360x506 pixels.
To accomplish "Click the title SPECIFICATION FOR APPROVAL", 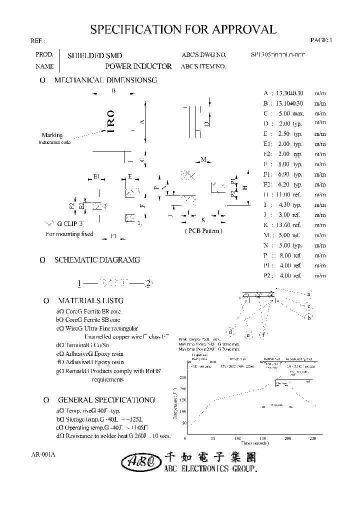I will coord(183,29).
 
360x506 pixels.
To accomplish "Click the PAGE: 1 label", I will coord(320,40).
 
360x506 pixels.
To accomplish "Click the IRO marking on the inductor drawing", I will coord(111,121).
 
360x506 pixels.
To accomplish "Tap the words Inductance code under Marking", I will coord(54,143).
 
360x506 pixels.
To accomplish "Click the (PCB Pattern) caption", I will coord(203,230).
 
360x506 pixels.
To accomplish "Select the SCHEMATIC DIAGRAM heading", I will coord(97,260).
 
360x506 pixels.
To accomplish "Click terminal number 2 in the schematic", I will coord(147,283).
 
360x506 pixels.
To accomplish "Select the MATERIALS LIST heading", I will coord(90,300).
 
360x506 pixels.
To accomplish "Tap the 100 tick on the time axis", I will coord(237,438).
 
